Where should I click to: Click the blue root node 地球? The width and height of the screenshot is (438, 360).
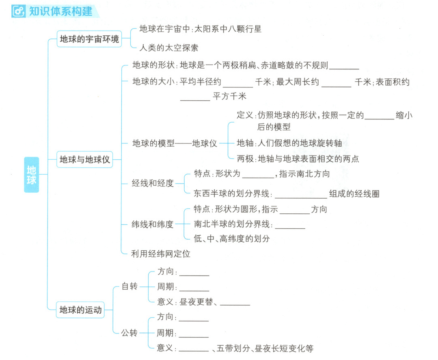(x=31, y=175)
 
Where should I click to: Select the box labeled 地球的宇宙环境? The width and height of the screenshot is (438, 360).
(x=89, y=39)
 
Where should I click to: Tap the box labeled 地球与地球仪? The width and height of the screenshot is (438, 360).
(x=85, y=159)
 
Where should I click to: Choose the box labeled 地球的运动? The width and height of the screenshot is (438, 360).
(x=80, y=310)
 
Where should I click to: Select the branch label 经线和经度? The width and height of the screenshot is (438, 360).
(x=153, y=183)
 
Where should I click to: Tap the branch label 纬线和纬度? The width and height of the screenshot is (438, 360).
(x=153, y=224)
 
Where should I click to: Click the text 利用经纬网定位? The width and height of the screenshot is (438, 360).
(x=161, y=254)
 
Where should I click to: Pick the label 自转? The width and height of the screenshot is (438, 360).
(x=130, y=286)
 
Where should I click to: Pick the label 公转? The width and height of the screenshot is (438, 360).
(x=129, y=333)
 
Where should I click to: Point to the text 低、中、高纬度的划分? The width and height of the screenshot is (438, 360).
(x=232, y=239)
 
